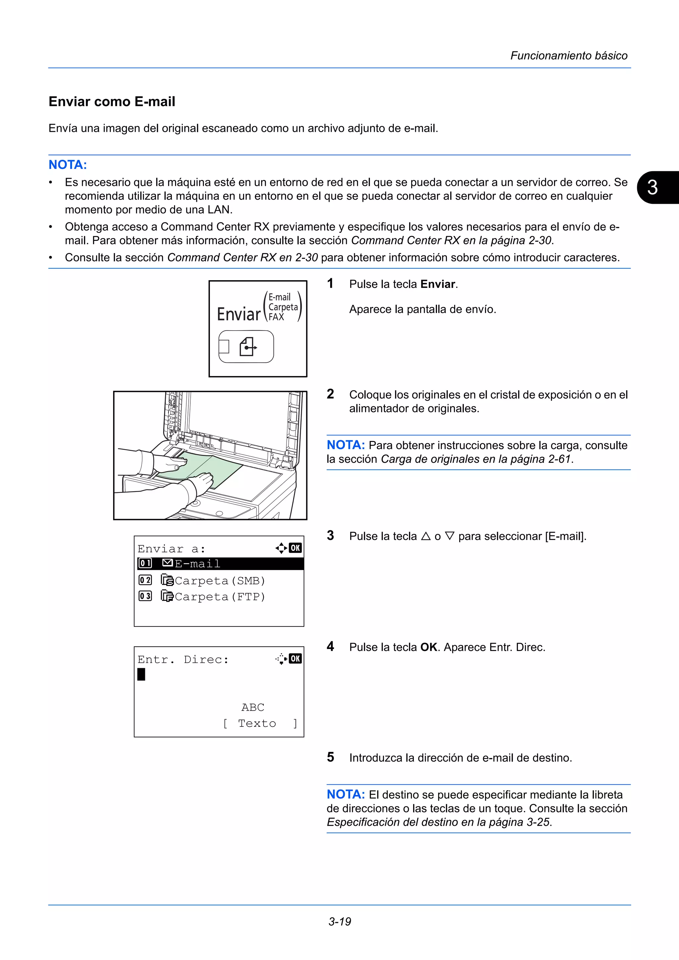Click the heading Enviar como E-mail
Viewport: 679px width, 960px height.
(x=112, y=102)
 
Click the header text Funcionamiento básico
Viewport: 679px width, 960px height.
(x=569, y=56)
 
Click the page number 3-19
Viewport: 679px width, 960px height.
(x=339, y=921)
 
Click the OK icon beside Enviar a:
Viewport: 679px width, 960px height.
(x=295, y=548)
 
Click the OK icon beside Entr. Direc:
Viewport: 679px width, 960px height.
(x=295, y=659)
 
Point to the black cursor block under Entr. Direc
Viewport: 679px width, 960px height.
(x=142, y=674)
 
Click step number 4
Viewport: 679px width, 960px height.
(x=331, y=646)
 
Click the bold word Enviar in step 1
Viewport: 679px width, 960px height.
(x=438, y=284)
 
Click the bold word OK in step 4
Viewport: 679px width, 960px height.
(x=428, y=647)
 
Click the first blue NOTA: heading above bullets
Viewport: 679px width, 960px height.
(x=68, y=165)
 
